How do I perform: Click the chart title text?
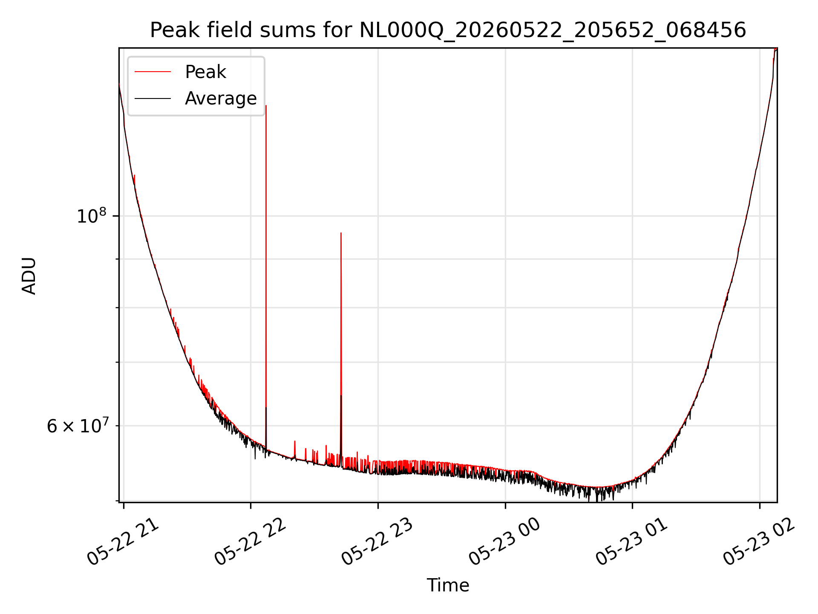tap(448, 30)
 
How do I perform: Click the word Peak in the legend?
tap(205, 72)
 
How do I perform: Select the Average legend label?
tap(221, 98)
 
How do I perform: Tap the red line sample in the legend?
tap(153, 72)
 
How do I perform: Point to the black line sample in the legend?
tap(153, 98)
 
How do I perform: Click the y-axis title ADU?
tap(29, 275)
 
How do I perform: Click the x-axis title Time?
tap(448, 585)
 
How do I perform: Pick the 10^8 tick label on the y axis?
tap(92, 215)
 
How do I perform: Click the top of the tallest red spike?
tap(266, 105)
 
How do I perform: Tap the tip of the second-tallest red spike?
tap(341, 233)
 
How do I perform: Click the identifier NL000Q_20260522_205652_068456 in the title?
tap(553, 31)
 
